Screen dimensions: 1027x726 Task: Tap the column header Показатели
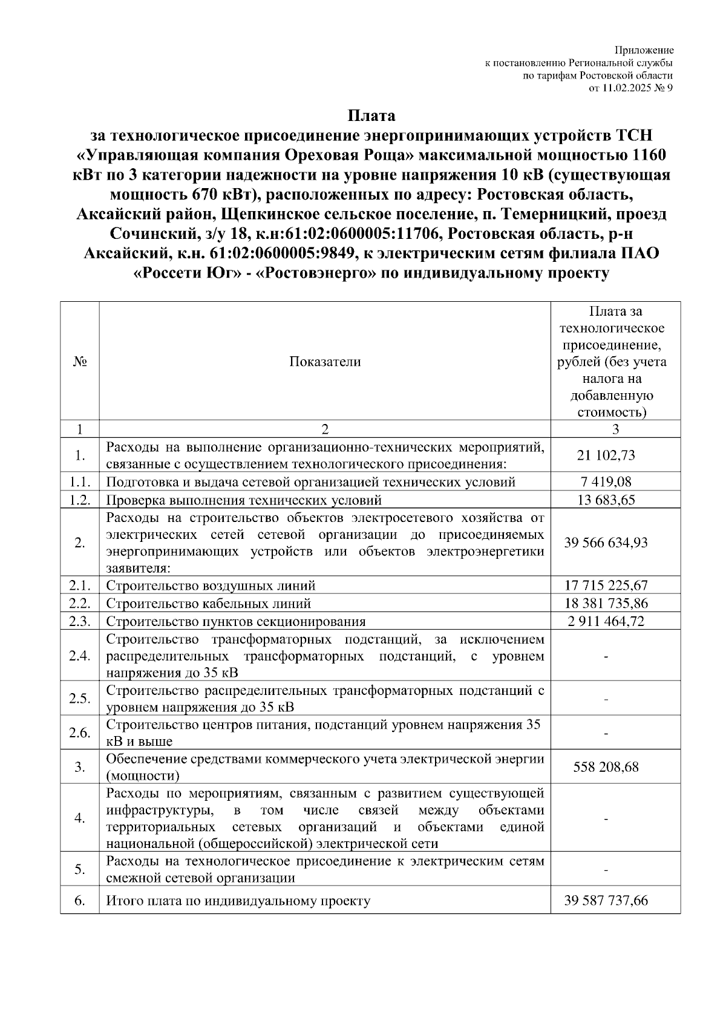coord(325,362)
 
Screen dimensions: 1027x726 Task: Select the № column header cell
coord(80,362)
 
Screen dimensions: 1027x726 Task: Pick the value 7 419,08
coord(606,482)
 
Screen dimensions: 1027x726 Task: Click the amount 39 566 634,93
coord(606,543)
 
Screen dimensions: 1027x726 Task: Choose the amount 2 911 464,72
coord(606,622)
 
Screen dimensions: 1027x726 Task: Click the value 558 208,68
coord(606,768)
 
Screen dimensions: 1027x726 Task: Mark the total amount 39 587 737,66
coord(606,901)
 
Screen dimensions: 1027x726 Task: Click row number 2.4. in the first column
coord(80,656)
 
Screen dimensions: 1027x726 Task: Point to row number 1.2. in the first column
coord(80,500)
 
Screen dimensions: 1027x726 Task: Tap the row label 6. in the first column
coord(80,901)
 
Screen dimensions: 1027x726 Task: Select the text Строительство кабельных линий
coord(209,604)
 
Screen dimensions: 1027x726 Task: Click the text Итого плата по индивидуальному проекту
coord(238,901)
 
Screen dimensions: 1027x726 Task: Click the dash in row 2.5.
coord(606,700)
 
